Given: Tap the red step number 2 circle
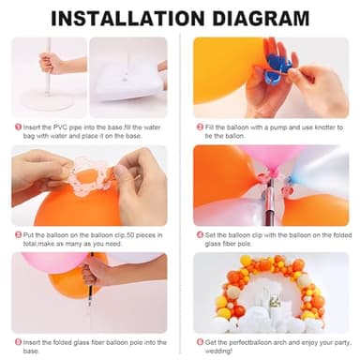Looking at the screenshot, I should pos(200,127).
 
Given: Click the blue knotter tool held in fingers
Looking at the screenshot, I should pos(277,63).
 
